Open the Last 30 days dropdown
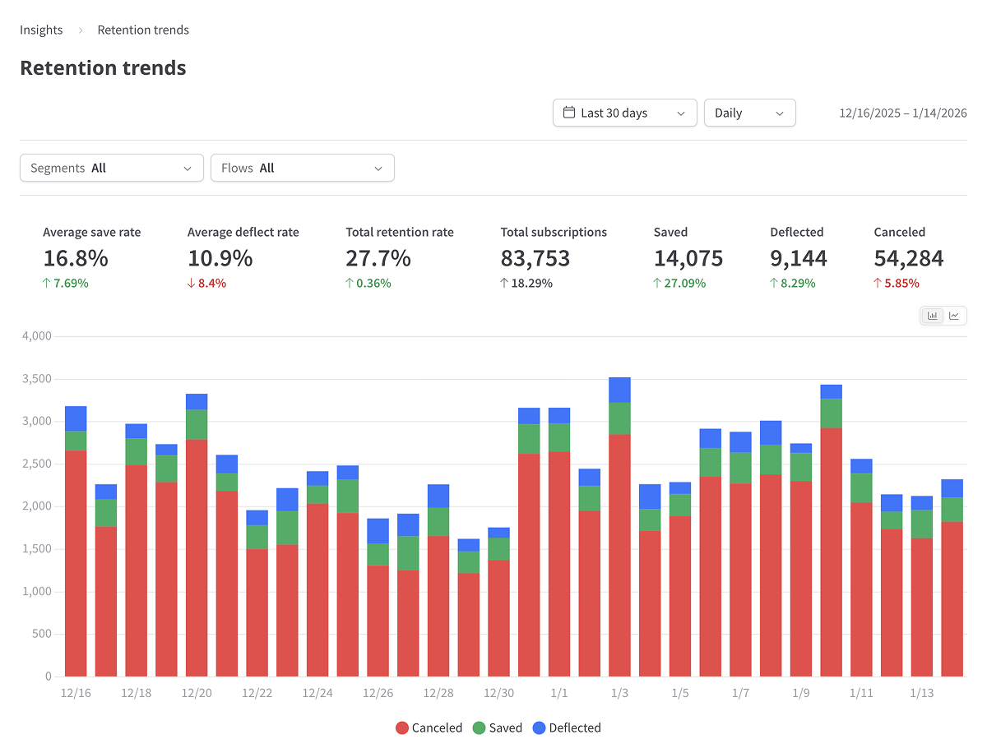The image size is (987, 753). click(x=624, y=113)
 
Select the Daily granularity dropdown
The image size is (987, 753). click(x=749, y=113)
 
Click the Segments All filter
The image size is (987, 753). click(x=111, y=168)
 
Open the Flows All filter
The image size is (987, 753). click(x=302, y=168)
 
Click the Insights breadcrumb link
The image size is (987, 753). click(x=41, y=30)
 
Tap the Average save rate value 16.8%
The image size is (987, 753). click(x=76, y=258)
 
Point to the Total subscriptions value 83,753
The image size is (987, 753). click(x=535, y=258)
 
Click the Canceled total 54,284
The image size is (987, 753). click(x=908, y=258)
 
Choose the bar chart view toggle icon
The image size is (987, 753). click(x=932, y=316)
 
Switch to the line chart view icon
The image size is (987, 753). click(x=954, y=316)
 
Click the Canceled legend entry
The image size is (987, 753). click(x=429, y=728)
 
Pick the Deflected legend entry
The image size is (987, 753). click(x=567, y=728)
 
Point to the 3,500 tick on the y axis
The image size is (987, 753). click(x=35, y=379)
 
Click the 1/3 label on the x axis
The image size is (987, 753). click(x=619, y=693)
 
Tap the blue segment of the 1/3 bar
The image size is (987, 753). click(x=619, y=390)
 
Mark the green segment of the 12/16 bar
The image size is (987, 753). click(x=76, y=441)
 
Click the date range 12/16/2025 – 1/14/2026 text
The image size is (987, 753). click(x=902, y=113)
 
